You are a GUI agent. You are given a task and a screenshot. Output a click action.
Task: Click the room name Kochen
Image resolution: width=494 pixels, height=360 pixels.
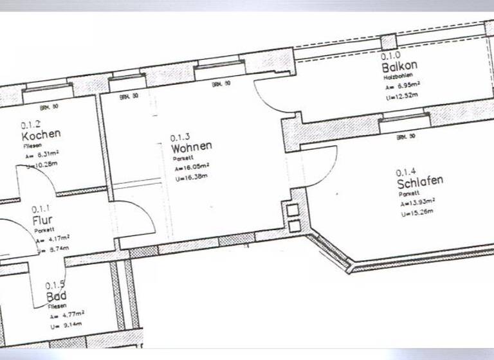(41, 135)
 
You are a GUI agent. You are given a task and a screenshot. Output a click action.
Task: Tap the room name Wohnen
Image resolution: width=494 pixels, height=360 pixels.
(191, 147)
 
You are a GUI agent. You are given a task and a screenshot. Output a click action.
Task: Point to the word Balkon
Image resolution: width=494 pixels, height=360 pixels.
(399, 66)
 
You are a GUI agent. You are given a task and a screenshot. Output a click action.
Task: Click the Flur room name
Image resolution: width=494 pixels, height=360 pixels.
(42, 221)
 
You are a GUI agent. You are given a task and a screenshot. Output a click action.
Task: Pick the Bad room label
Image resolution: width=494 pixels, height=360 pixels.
(57, 296)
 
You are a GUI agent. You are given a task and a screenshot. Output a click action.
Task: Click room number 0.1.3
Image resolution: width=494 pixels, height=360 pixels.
(180, 138)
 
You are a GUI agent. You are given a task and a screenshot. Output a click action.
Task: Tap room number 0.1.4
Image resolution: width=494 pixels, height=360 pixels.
(406, 172)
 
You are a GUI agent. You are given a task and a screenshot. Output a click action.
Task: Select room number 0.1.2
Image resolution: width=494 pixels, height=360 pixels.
(31, 125)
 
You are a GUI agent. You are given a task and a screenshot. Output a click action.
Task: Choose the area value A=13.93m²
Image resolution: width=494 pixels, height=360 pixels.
(417, 203)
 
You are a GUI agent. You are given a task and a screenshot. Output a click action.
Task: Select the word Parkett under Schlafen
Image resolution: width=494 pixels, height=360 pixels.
(408, 194)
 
